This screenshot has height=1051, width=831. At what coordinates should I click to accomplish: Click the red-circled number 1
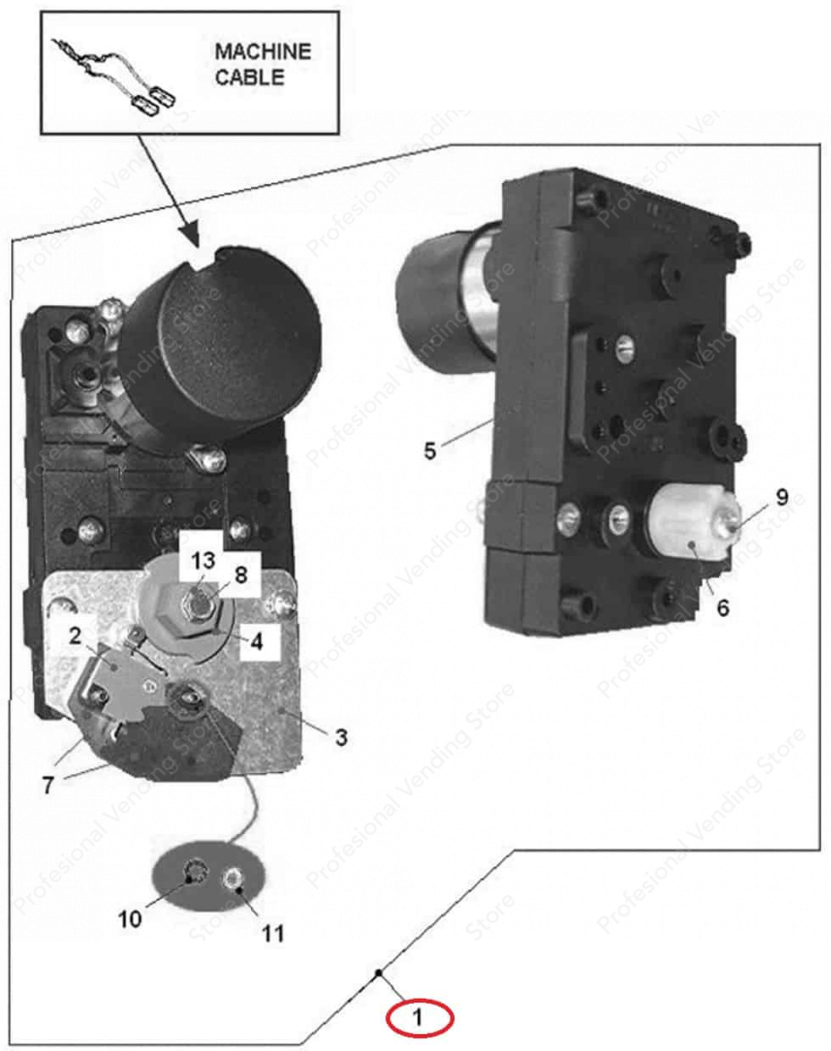[x=421, y=1017]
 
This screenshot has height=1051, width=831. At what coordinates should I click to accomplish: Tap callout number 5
[x=431, y=451]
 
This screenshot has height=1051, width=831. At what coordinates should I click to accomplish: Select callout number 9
[x=781, y=498]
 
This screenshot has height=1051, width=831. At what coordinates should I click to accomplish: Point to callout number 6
[x=722, y=608]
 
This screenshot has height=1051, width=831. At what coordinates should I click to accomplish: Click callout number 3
[x=340, y=737]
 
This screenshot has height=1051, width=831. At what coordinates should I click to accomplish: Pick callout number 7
[x=48, y=785]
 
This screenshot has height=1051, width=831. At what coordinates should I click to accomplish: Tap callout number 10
[x=130, y=919]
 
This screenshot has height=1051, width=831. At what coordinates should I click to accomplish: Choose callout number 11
[x=272, y=933]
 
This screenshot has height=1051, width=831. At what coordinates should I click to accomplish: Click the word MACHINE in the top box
[x=262, y=51]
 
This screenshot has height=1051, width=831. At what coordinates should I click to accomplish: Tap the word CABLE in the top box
[x=249, y=77]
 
